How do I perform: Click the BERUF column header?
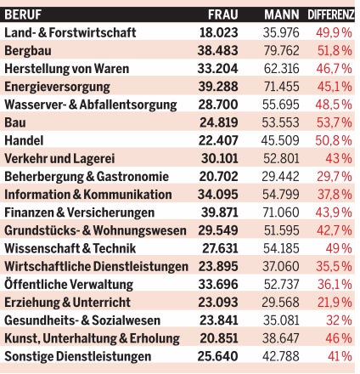[x=25, y=14]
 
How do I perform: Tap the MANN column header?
[x=281, y=14]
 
